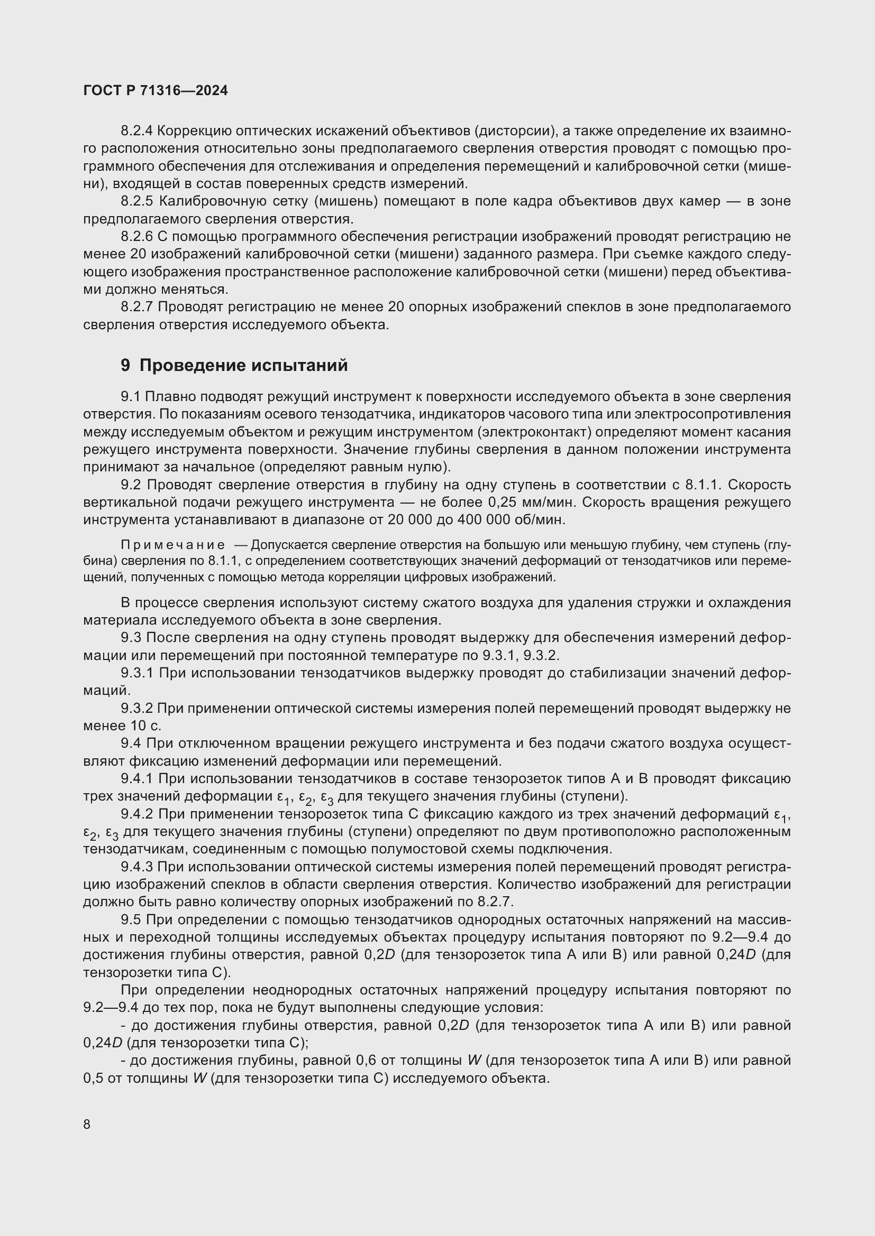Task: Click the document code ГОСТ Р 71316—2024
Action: [x=155, y=90]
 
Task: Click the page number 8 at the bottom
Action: [x=87, y=1125]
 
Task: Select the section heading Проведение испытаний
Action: [x=243, y=366]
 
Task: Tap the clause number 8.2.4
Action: [x=137, y=131]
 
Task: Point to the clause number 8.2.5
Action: [x=137, y=201]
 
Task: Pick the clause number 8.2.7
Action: [x=137, y=307]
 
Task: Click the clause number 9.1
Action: [x=130, y=397]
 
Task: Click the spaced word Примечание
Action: [x=173, y=545]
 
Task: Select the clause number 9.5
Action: [x=130, y=919]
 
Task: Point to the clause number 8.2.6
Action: [x=137, y=236]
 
